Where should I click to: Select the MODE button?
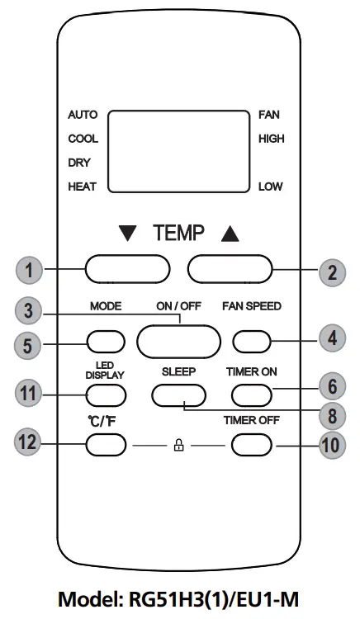coord(106,340)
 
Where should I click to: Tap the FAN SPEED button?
coord(252,339)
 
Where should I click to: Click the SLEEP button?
coord(178,395)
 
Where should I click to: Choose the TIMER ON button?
coord(252,395)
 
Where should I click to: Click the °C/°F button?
coord(106,446)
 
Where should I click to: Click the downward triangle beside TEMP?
coord(128,234)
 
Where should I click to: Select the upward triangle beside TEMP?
coord(230,234)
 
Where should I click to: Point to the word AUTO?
coord(83,114)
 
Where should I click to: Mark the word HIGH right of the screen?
coord(271,139)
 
